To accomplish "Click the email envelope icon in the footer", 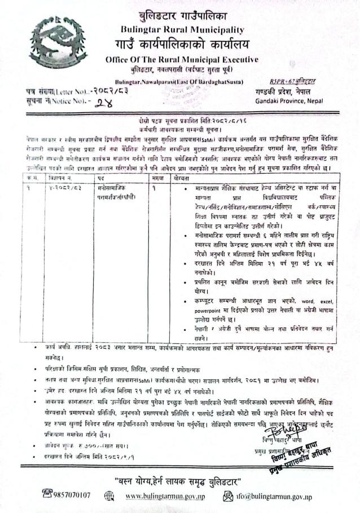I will [x=229, y=496].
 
